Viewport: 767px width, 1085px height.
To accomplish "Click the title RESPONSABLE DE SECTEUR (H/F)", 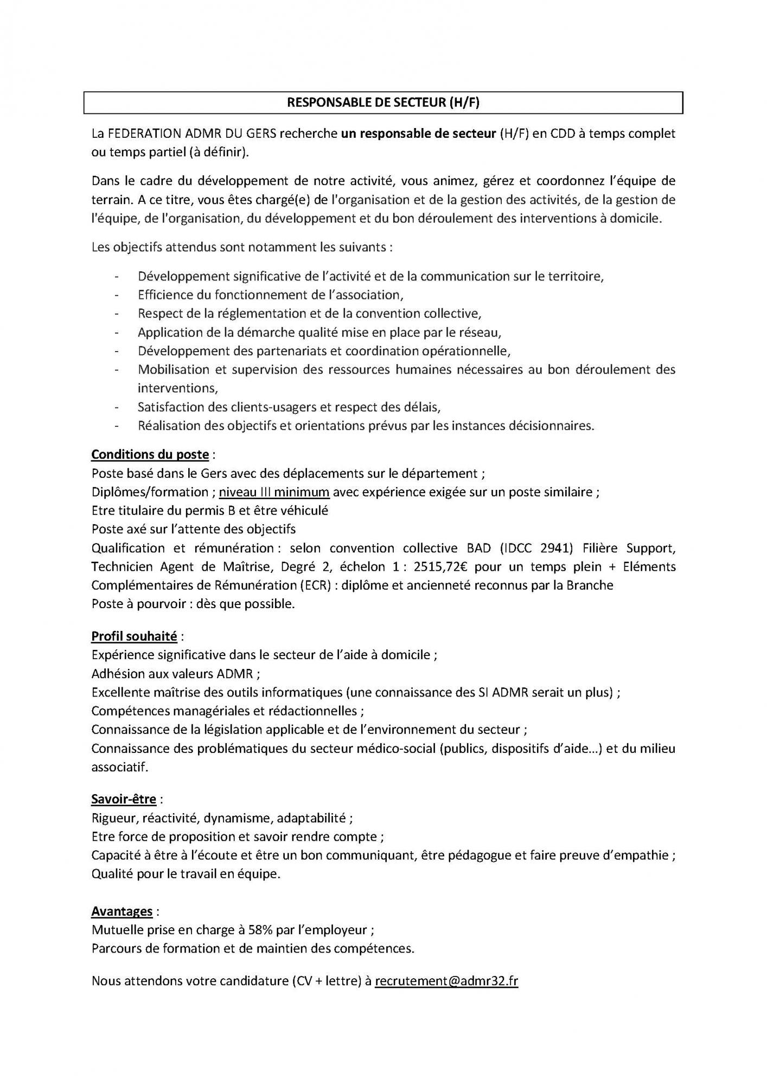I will coord(383,103).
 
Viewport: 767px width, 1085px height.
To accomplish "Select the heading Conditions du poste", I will coord(150,454).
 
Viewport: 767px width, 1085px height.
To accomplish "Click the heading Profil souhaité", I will coord(134,636).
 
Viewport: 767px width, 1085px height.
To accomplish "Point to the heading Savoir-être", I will coord(124,799).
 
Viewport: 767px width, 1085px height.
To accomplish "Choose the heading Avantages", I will coord(122,911).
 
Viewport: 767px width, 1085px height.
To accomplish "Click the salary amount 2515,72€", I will coord(442,567).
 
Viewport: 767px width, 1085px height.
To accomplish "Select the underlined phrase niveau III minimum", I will coord(274,492).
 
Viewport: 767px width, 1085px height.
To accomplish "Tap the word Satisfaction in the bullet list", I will coord(169,407).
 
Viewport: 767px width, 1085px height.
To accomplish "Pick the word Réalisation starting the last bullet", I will coord(169,426).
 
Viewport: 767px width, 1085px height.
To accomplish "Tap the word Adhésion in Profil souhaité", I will coord(116,674).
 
